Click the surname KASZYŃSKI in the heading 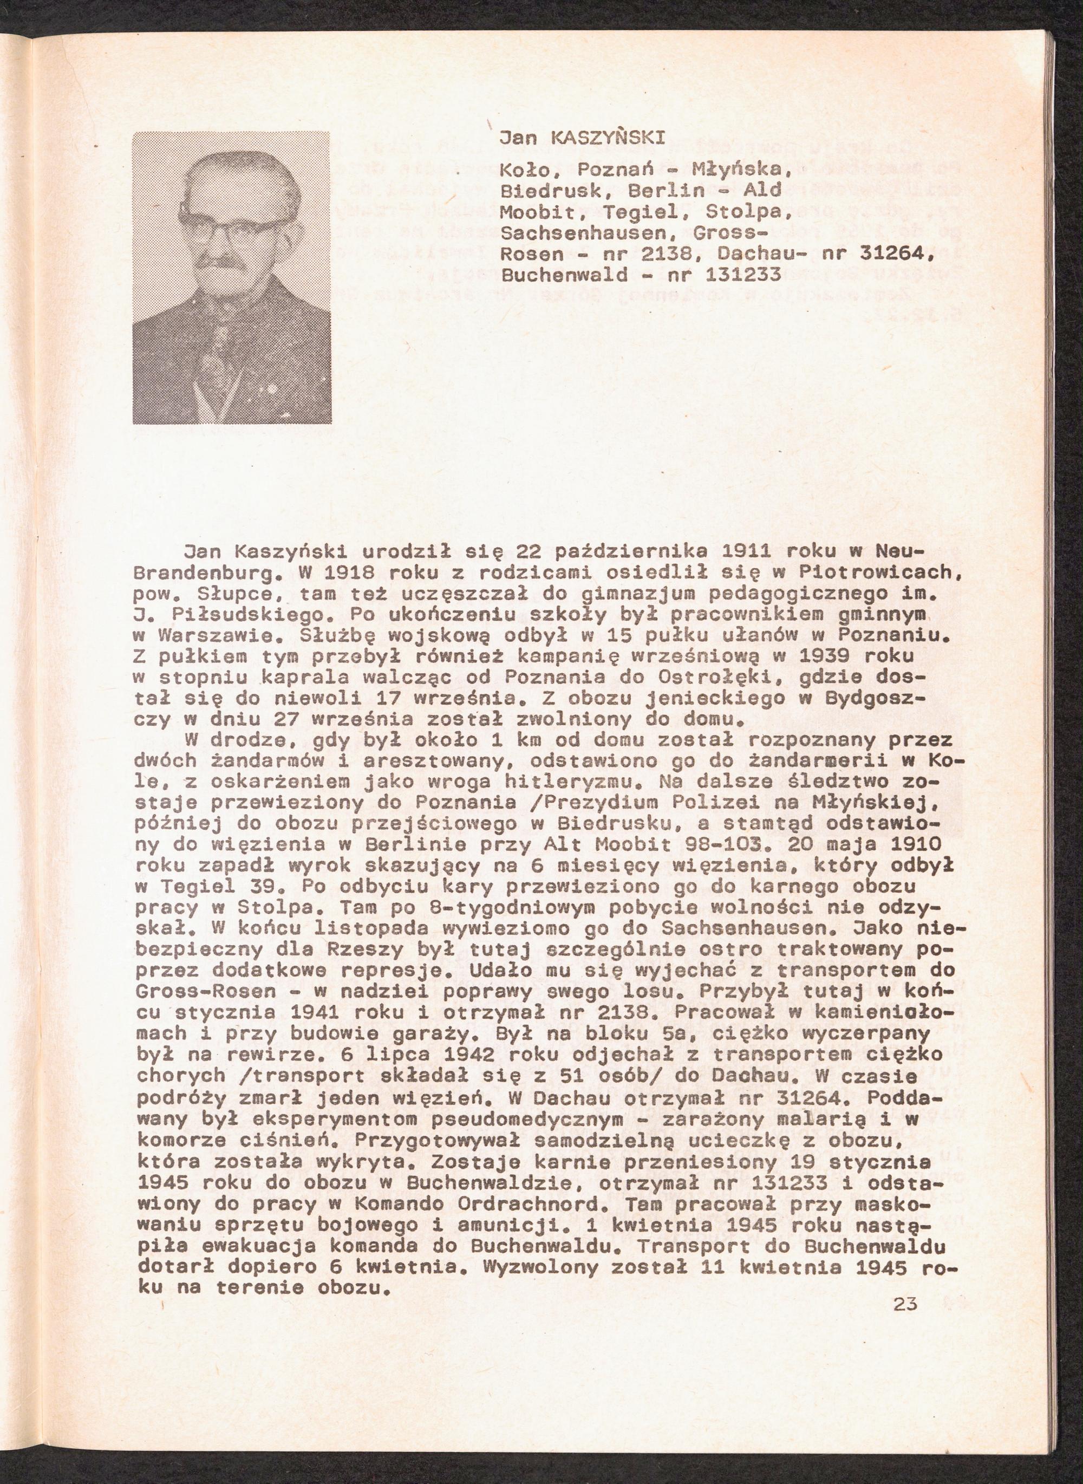tap(609, 138)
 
